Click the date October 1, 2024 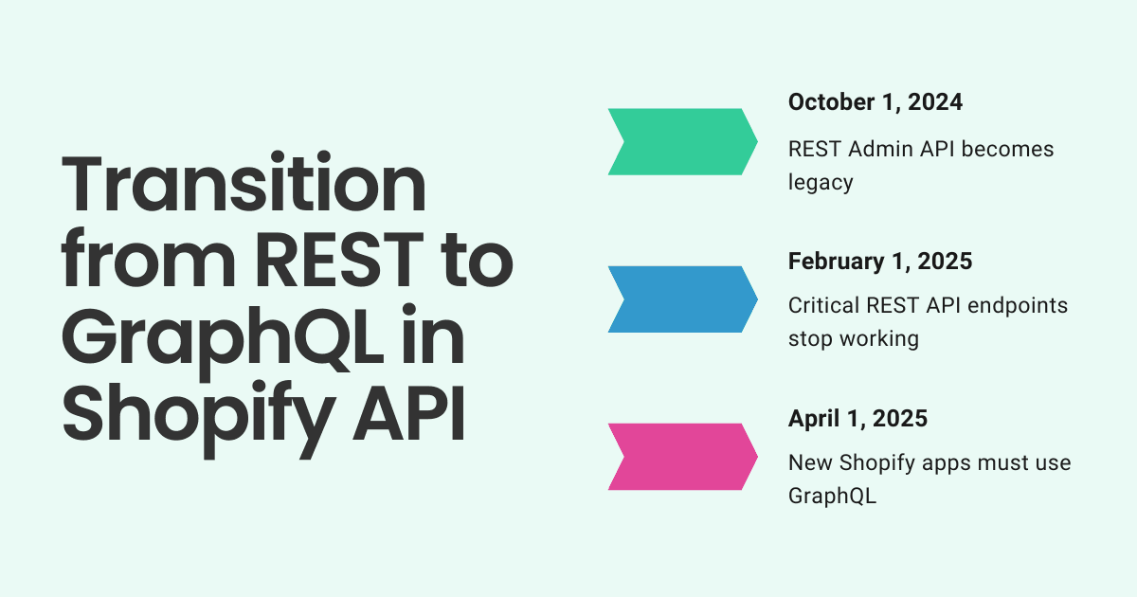[x=875, y=102]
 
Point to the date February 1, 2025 [x=880, y=261]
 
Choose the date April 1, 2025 [x=857, y=418]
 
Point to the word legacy [x=821, y=182]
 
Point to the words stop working [x=853, y=338]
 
